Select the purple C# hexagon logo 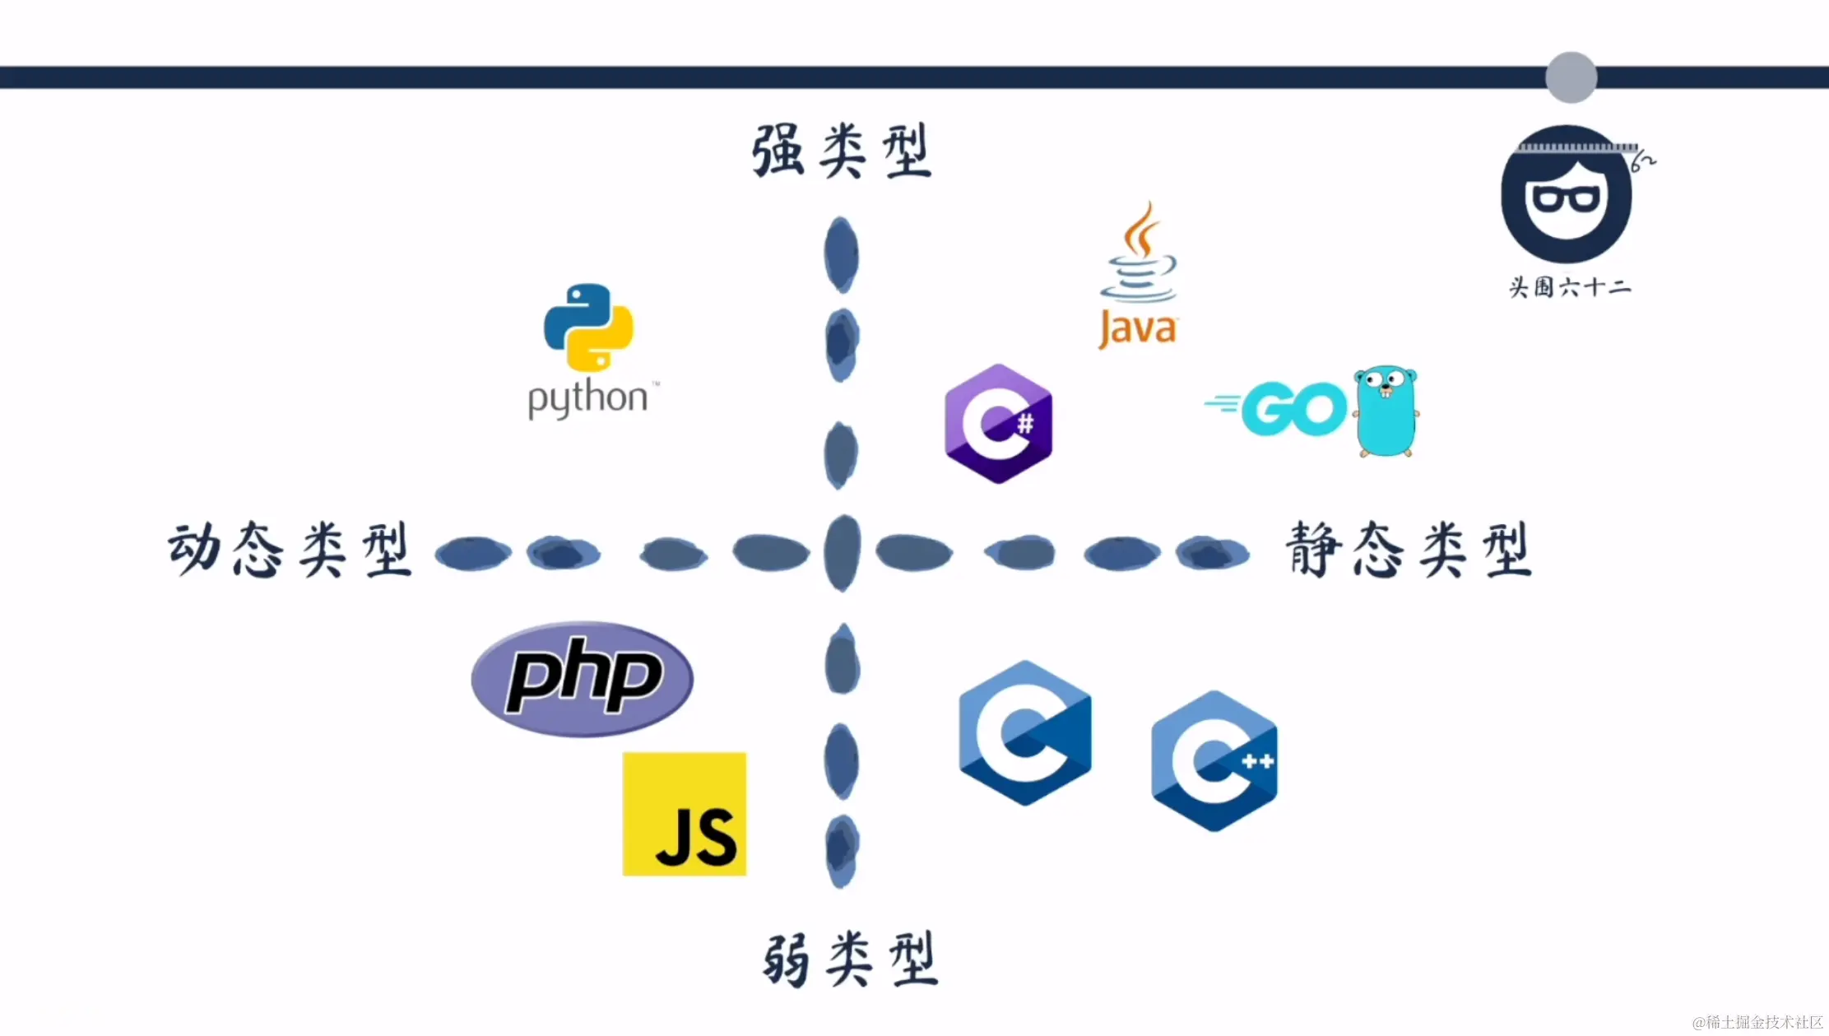pyautogui.click(x=998, y=424)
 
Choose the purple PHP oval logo pyautogui.click(x=583, y=679)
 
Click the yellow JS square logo pyautogui.click(x=685, y=814)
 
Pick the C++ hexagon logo pyautogui.click(x=1214, y=761)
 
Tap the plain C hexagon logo pyautogui.click(x=1025, y=732)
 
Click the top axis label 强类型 pyautogui.click(x=842, y=151)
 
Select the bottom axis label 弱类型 pyautogui.click(x=851, y=959)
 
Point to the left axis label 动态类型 pyautogui.click(x=290, y=550)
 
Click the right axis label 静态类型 pyautogui.click(x=1409, y=550)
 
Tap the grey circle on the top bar pyautogui.click(x=1571, y=77)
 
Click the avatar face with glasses pyautogui.click(x=1567, y=195)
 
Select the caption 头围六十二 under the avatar pyautogui.click(x=1569, y=287)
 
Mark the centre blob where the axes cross pyautogui.click(x=842, y=553)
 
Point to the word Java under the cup pyautogui.click(x=1138, y=329)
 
